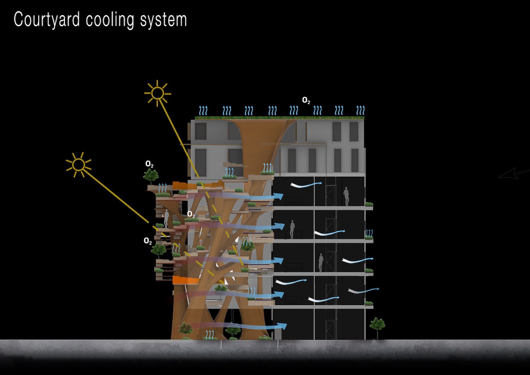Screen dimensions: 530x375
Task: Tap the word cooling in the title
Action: pos(110,20)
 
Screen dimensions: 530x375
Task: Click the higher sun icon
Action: pos(157,93)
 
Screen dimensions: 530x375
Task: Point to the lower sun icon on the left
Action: pos(78,165)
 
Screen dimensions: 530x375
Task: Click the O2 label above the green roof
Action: pos(306,100)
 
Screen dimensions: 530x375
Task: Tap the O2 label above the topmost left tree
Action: pos(149,164)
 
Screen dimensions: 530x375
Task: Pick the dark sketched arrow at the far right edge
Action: pos(514,174)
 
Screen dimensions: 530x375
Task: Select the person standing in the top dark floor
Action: pos(346,196)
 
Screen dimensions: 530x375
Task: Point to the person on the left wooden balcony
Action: pos(166,218)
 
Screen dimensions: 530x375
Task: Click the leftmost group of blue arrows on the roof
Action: pos(203,111)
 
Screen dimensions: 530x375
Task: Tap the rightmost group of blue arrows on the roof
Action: pos(360,111)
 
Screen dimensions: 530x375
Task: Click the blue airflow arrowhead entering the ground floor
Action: pos(283,326)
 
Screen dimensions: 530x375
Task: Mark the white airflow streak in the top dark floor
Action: pos(306,184)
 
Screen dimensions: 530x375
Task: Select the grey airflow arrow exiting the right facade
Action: pos(364,291)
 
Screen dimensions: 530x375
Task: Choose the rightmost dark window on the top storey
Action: pos(354,131)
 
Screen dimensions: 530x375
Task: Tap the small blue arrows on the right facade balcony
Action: pos(369,233)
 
